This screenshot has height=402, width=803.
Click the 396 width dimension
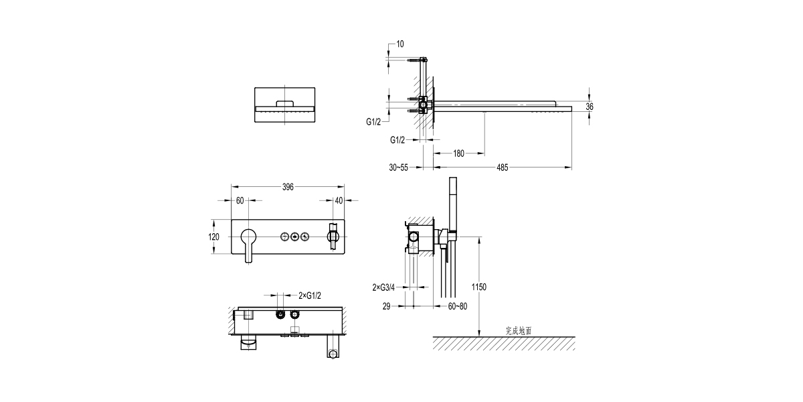(288, 187)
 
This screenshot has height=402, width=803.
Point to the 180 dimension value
(458, 153)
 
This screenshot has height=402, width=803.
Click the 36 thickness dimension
(590, 106)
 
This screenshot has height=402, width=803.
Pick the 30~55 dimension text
(399, 167)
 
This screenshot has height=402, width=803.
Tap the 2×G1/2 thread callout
(310, 295)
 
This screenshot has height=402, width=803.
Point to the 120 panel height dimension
(214, 237)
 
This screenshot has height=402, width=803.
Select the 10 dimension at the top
(400, 44)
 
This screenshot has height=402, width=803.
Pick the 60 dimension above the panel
(240, 200)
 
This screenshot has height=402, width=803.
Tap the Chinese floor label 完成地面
(519, 330)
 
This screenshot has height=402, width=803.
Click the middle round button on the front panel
(294, 236)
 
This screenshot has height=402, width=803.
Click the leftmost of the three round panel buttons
(284, 236)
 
